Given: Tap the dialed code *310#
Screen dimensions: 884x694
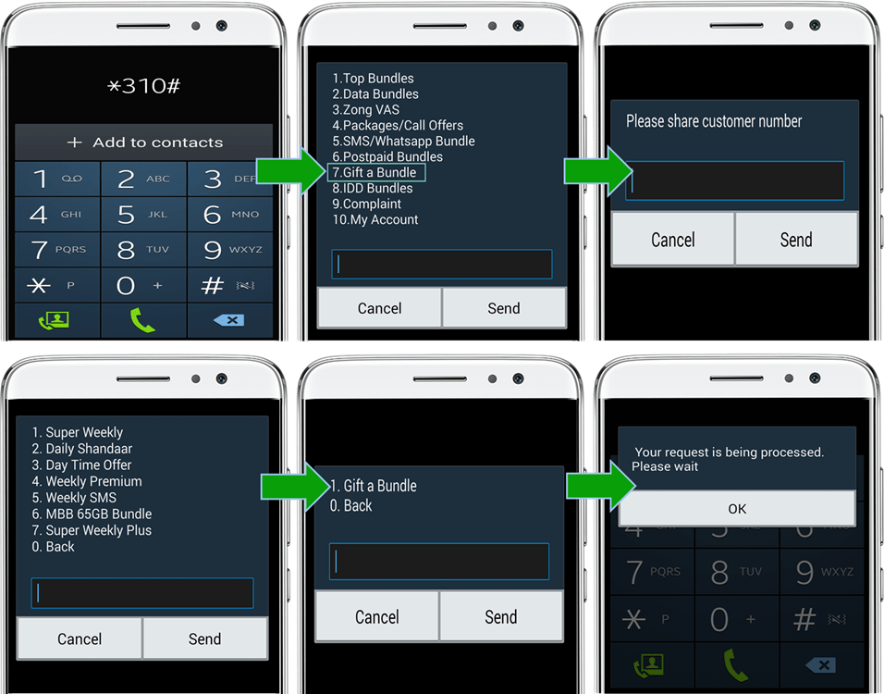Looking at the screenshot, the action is tap(143, 86).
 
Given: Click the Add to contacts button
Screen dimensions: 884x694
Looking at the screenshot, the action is tap(144, 143).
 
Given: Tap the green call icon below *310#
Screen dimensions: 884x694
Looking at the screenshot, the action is tap(142, 320).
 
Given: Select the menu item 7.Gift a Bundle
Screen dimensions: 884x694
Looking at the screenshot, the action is tap(374, 172).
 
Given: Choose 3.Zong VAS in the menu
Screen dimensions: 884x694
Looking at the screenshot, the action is tap(365, 109).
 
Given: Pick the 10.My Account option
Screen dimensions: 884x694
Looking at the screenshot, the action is tap(374, 219).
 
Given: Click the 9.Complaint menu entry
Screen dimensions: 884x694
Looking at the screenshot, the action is tap(366, 204).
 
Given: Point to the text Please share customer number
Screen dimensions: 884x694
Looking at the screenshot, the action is tap(714, 121).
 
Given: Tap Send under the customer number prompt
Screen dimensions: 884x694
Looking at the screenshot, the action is tap(796, 240).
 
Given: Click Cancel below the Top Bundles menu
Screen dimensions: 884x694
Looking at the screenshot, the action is tap(379, 308).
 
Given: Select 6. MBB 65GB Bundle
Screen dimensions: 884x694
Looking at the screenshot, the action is tap(92, 514).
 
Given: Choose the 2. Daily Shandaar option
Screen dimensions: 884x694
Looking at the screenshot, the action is tap(81, 449).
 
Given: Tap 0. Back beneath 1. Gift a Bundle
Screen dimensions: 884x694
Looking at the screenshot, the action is tap(350, 505).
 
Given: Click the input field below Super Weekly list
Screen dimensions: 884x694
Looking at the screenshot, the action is tap(142, 593).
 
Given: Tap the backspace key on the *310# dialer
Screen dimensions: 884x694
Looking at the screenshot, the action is tap(229, 320).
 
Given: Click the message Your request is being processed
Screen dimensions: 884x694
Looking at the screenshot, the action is tap(729, 452).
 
